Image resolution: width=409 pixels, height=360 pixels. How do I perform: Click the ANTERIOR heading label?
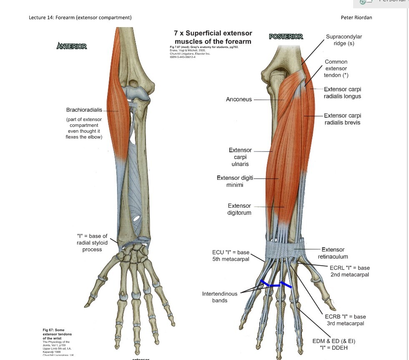coord(72,46)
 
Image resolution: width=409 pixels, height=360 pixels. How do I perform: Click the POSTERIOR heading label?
coord(286,37)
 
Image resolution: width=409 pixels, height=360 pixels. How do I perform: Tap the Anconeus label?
coord(238,99)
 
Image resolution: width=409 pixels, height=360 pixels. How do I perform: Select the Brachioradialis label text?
coord(84,110)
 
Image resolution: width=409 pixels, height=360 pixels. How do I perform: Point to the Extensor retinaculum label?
coord(333,253)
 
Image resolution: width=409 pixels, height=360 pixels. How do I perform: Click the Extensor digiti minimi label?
coord(235,181)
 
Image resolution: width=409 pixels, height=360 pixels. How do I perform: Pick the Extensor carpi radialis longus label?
coord(342,93)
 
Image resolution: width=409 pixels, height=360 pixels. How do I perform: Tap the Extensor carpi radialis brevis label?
coord(342,119)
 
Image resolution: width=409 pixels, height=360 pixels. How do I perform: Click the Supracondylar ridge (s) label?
coord(344,40)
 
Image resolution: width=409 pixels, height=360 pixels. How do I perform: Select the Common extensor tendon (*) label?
coord(336,68)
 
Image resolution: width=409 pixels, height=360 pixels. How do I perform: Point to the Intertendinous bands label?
coord(220,297)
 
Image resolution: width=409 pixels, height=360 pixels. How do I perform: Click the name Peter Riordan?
coord(356,17)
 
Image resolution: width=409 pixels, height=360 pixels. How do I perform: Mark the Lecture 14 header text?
coord(80,17)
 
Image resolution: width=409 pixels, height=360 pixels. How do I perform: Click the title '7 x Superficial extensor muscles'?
coord(213,37)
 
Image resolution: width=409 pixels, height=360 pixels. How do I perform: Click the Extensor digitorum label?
coord(239,209)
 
